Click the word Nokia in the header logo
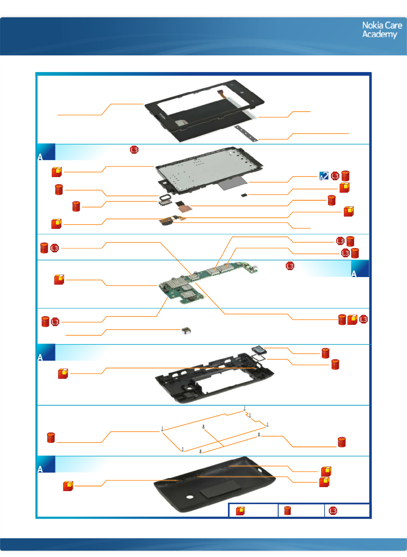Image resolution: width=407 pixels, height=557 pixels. coord(373,25)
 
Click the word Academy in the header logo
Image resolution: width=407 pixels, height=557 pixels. coord(379,34)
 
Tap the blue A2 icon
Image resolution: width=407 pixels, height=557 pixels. coord(324,176)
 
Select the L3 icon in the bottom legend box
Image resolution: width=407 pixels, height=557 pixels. coord(333,511)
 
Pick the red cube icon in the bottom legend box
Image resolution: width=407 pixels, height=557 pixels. coord(240,511)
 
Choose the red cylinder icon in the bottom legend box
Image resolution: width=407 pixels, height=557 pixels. coord(288,511)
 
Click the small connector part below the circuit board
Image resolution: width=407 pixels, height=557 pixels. coord(186,330)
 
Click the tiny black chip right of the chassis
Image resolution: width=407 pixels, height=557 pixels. coord(244,195)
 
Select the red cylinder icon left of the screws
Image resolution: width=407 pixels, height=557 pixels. coord(51,437)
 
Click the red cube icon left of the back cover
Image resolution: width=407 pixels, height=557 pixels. coord(68,486)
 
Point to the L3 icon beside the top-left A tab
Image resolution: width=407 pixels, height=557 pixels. coord(134,150)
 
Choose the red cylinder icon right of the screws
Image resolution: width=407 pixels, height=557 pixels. coord(341,442)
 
